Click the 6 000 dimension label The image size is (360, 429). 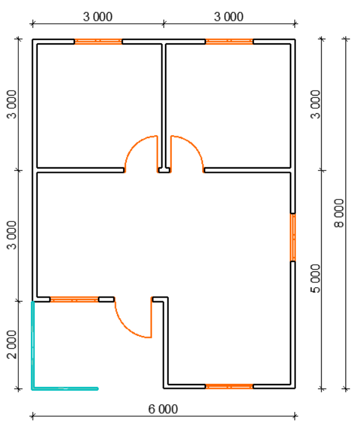click(163, 410)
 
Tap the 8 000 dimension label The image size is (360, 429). click(339, 213)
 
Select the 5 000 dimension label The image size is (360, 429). click(316, 278)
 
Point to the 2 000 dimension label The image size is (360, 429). click(12, 344)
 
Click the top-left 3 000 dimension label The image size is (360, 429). click(98, 17)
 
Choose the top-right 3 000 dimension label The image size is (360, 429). click(229, 17)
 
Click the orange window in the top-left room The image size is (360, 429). click(98, 41)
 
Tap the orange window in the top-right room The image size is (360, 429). click(229, 41)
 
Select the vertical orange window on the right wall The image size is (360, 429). click(293, 237)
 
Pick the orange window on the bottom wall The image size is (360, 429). click(229, 386)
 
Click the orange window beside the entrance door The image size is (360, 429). click(74, 299)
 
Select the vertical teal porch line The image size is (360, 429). click(33, 345)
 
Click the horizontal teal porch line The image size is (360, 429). click(65, 388)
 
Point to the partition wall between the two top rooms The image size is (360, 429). click(164, 105)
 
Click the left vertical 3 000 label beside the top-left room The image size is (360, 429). click(12, 104)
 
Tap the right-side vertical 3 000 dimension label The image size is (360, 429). click(316, 104)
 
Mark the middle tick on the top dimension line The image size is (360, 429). click(164, 24)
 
